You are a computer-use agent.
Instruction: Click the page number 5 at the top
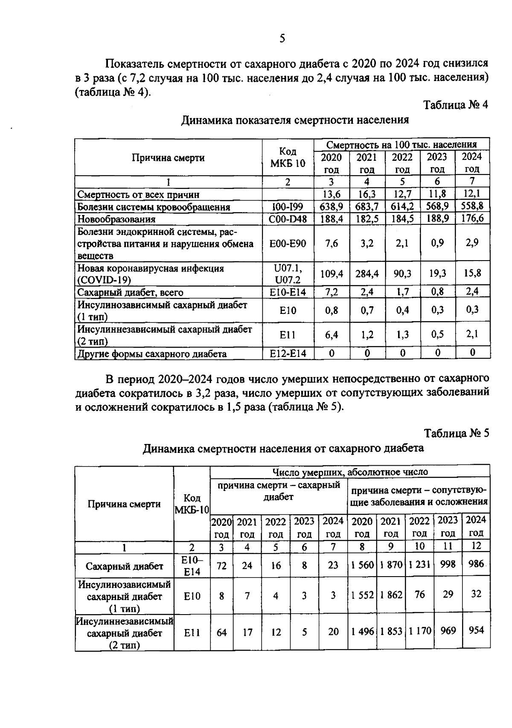point(282,39)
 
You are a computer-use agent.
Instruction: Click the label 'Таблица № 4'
point(455,105)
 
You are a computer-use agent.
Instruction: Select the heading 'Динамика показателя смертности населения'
point(295,120)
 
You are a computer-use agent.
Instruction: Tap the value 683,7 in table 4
point(367,206)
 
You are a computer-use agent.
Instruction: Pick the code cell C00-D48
point(288,219)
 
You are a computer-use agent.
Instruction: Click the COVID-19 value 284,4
point(367,273)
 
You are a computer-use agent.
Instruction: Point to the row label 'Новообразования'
point(116,219)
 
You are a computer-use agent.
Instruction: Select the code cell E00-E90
point(288,243)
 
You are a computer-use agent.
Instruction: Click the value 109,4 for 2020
point(332,273)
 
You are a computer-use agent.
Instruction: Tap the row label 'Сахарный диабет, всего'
point(130,293)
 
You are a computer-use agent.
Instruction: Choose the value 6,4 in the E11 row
point(332,335)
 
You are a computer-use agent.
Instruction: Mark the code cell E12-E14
point(288,354)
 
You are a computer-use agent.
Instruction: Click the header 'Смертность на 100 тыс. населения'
point(402,144)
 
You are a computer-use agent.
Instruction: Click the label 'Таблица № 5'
point(456,433)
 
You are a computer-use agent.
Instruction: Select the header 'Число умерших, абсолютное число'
point(350,472)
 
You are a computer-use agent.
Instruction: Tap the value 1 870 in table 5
point(391,565)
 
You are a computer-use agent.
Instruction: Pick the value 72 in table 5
point(221,566)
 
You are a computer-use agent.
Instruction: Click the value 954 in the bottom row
point(476,630)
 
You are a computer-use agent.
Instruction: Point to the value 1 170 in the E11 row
point(419,630)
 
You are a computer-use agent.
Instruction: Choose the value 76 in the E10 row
point(419,594)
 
